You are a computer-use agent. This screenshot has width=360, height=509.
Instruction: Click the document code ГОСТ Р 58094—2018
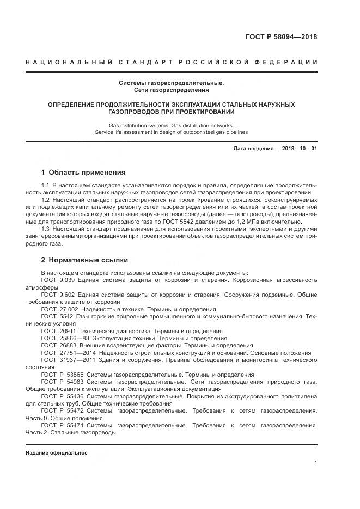click(x=283, y=37)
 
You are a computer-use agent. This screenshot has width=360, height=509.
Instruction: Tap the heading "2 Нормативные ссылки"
click(x=85, y=260)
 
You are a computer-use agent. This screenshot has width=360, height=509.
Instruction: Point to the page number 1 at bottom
click(x=316, y=462)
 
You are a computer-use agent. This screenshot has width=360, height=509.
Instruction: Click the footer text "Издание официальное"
click(x=57, y=452)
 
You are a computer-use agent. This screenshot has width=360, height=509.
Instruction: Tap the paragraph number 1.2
click(x=46, y=200)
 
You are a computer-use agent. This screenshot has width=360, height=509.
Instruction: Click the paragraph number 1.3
click(x=46, y=229)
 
